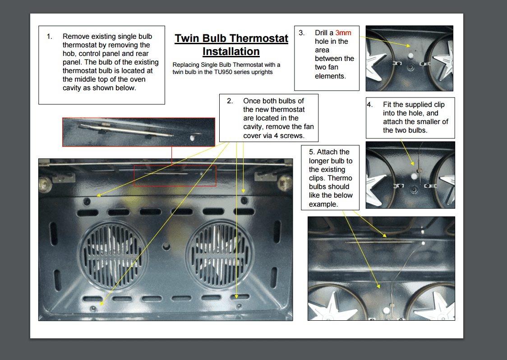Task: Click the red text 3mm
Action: click(x=343, y=33)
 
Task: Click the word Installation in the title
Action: click(x=231, y=51)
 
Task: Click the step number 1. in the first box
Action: click(x=49, y=37)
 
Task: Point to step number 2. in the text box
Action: click(x=230, y=101)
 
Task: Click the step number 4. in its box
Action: click(x=370, y=105)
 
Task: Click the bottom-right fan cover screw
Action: click(x=238, y=306)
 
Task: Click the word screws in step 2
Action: click(x=292, y=135)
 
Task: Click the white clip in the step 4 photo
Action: click(x=415, y=173)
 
